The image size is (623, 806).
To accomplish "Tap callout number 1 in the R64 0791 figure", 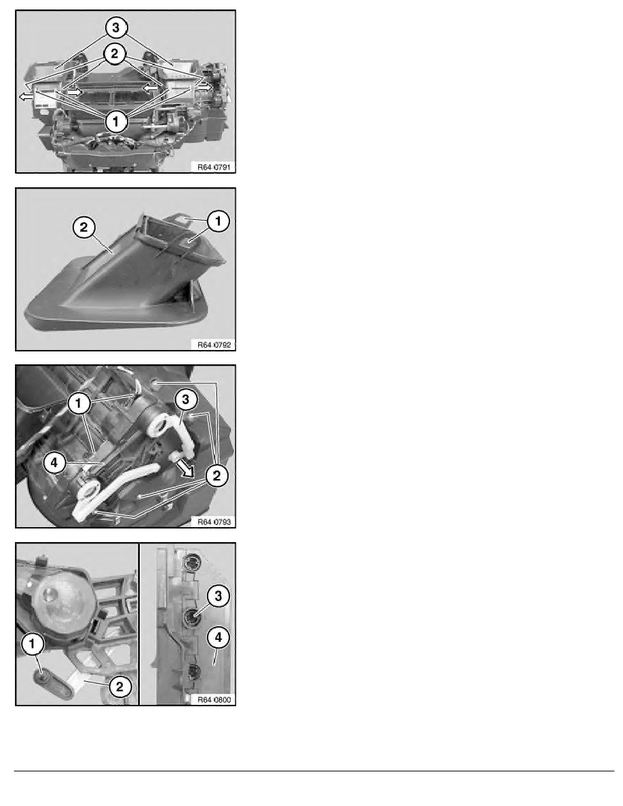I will (117, 121).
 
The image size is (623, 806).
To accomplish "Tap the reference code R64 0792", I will (212, 344).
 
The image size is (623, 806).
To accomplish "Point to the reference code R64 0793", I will (212, 521).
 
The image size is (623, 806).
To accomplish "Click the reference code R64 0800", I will (212, 699).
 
